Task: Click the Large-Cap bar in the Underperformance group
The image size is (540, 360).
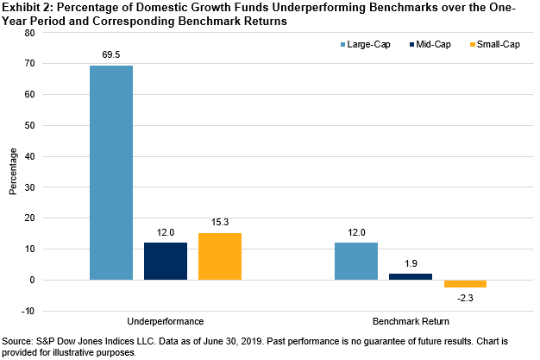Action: (x=111, y=173)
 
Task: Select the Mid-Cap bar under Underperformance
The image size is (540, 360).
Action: (x=166, y=262)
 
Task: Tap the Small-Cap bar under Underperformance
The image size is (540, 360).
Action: (x=220, y=256)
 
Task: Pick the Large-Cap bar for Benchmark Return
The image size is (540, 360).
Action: (x=355, y=262)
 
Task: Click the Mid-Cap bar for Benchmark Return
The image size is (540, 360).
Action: (x=410, y=277)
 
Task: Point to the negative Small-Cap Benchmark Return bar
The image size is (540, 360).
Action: (x=464, y=284)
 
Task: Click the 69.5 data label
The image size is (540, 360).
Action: (x=112, y=54)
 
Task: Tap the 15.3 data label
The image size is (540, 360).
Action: (x=220, y=222)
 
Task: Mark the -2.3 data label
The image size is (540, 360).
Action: (x=464, y=299)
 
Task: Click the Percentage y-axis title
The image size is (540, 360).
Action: (x=13, y=173)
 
